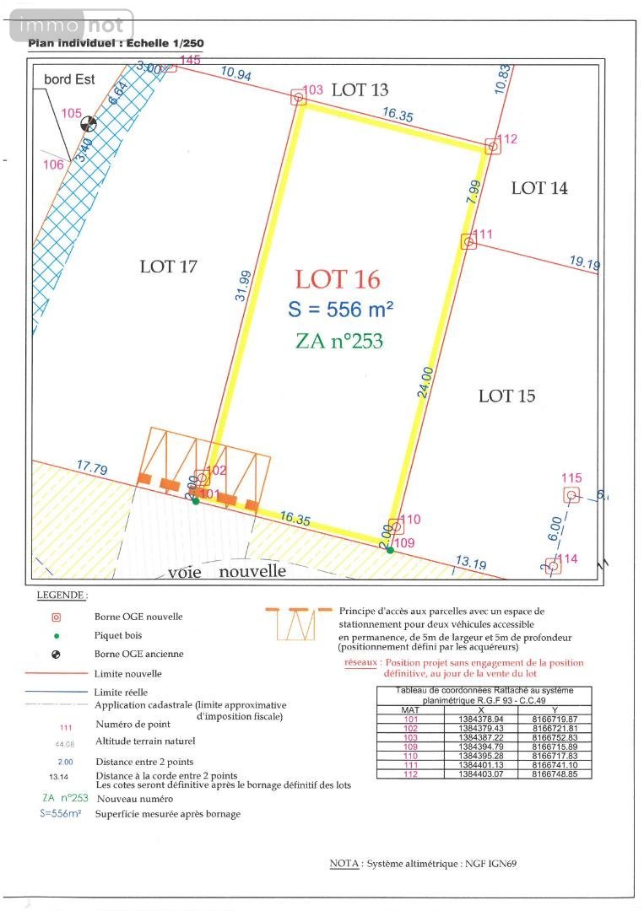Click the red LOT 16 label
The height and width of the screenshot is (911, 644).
pos(338,279)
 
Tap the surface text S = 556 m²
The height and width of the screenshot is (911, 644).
pos(340,310)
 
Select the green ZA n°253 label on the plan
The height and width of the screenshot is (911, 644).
pos(339,341)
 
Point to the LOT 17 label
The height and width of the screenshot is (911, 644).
pos(168,267)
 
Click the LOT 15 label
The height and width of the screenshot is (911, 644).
pos(506,396)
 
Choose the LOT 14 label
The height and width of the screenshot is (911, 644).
pos(539,188)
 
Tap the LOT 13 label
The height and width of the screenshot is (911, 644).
pos(360,89)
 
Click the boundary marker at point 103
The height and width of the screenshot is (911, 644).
pos(299,98)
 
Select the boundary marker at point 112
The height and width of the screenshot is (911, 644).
pos(492,147)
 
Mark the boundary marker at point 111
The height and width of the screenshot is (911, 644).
pos(468,241)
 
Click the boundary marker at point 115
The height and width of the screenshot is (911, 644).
pos(571,495)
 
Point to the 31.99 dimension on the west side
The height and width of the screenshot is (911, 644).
pos(242,285)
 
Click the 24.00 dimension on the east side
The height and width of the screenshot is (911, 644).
pos(426,381)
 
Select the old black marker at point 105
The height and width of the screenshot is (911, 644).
pos(88,124)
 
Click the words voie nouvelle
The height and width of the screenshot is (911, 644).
pos(227,571)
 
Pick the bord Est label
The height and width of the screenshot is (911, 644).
pos(69,80)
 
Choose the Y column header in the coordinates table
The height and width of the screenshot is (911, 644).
pos(555,709)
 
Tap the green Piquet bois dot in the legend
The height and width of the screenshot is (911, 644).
pos(56,635)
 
